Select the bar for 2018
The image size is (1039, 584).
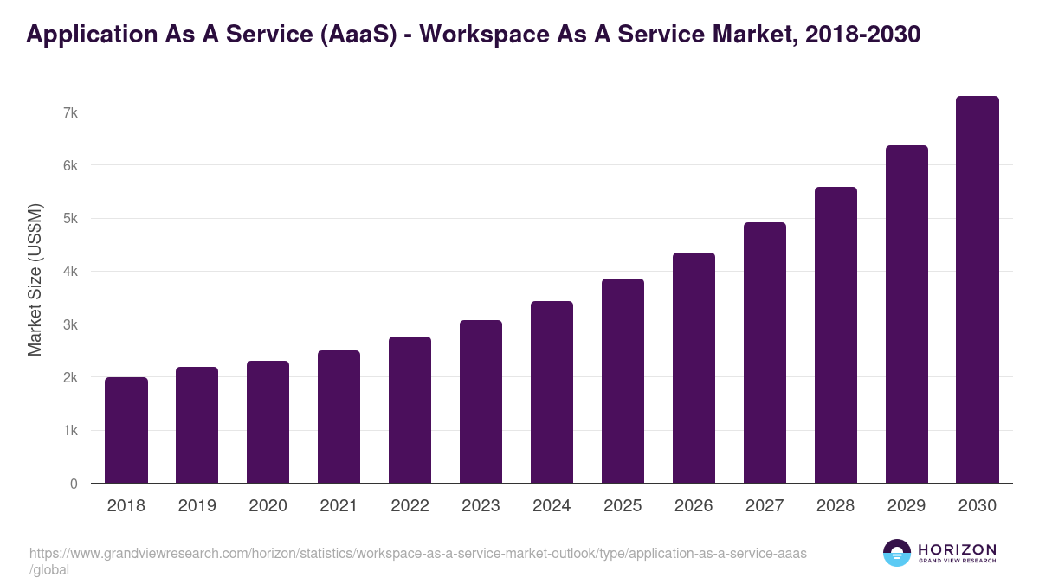click(126, 430)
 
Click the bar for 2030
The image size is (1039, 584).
click(978, 290)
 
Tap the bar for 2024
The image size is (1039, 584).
click(552, 392)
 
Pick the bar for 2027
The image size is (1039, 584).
click(765, 353)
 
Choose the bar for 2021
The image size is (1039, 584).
click(339, 416)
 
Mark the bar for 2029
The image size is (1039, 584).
click(907, 314)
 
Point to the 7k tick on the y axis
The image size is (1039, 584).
click(70, 112)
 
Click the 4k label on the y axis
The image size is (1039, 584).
click(70, 272)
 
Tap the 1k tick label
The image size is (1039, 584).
click(70, 431)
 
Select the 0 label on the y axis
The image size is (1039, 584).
click(74, 484)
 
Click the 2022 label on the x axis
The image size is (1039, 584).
click(410, 506)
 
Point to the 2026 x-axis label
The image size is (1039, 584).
click(694, 506)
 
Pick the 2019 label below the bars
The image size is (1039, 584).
click(197, 506)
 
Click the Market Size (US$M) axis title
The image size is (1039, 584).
click(35, 279)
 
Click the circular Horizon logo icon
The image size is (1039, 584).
click(896, 553)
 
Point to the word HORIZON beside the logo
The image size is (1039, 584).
click(957, 549)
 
